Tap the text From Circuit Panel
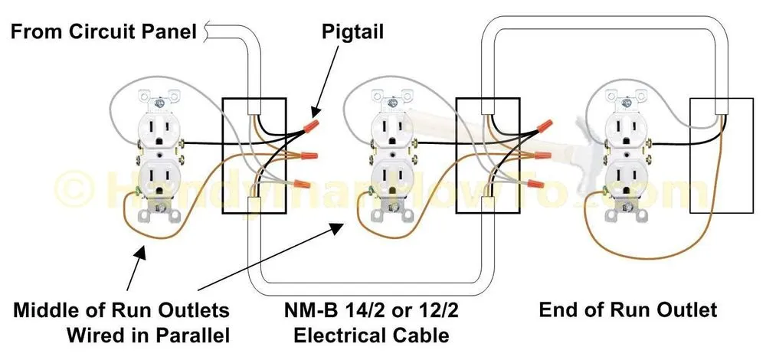tap(105, 32)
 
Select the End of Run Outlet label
tap(628, 310)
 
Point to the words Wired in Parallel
tap(149, 335)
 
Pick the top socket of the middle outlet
tap(391, 131)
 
